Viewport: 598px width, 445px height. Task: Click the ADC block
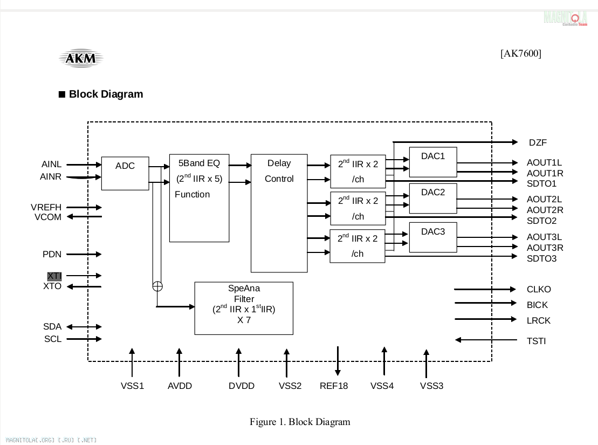point(125,173)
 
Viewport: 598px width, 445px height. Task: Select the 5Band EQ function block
point(199,198)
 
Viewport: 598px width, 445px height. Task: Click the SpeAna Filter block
point(244,308)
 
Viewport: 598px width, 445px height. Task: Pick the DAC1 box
point(433,162)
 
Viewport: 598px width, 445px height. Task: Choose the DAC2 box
point(433,198)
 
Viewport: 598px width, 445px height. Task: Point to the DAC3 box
point(433,237)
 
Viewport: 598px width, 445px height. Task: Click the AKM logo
point(81,58)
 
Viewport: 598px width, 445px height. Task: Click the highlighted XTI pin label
point(54,276)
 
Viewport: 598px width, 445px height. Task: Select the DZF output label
point(538,143)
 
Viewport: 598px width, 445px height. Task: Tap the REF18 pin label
point(334,386)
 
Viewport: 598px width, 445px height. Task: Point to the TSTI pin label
point(536,341)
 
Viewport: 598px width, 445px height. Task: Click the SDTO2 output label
point(541,221)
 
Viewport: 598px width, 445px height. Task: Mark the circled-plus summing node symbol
point(157,286)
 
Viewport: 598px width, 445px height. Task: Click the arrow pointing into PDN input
point(84,254)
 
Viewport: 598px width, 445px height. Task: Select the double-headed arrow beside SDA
point(84,327)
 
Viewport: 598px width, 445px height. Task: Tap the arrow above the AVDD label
point(179,362)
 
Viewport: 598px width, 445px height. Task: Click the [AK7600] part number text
point(521,53)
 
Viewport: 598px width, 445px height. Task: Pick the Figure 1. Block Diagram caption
point(300,422)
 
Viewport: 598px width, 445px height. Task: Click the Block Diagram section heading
point(106,94)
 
